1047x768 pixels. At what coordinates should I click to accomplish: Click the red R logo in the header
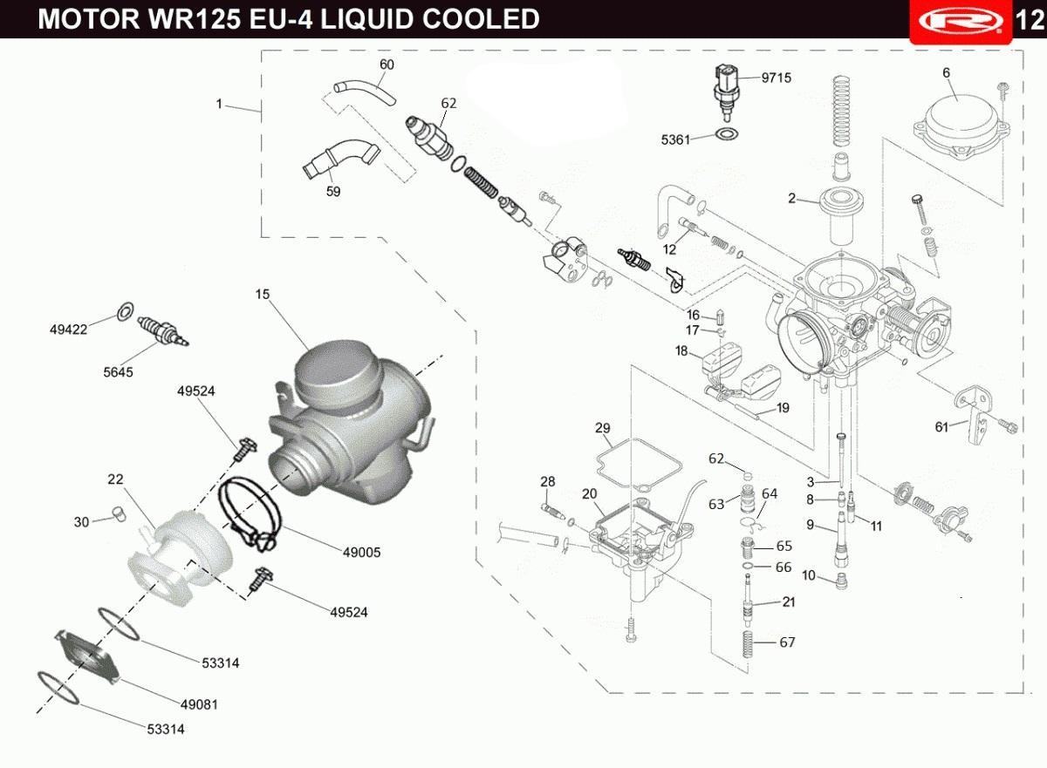tap(961, 21)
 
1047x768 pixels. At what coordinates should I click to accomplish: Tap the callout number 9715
tap(776, 78)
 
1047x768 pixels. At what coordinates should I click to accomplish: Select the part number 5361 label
tap(675, 139)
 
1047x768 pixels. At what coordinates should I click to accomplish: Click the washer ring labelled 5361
tap(727, 134)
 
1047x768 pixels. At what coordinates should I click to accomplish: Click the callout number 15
tap(263, 294)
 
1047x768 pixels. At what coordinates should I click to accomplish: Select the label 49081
tap(199, 704)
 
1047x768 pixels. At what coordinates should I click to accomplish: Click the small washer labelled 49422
tap(125, 311)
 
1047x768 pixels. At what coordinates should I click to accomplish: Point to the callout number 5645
tap(118, 372)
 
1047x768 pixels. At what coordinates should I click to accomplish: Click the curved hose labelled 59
tap(339, 158)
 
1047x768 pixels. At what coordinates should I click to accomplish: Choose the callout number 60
tap(387, 65)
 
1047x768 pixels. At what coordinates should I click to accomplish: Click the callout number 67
tap(787, 642)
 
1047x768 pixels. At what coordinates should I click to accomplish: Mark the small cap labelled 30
tap(120, 514)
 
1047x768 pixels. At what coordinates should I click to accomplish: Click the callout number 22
tap(115, 479)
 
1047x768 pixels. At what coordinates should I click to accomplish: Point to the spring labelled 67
tap(748, 644)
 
